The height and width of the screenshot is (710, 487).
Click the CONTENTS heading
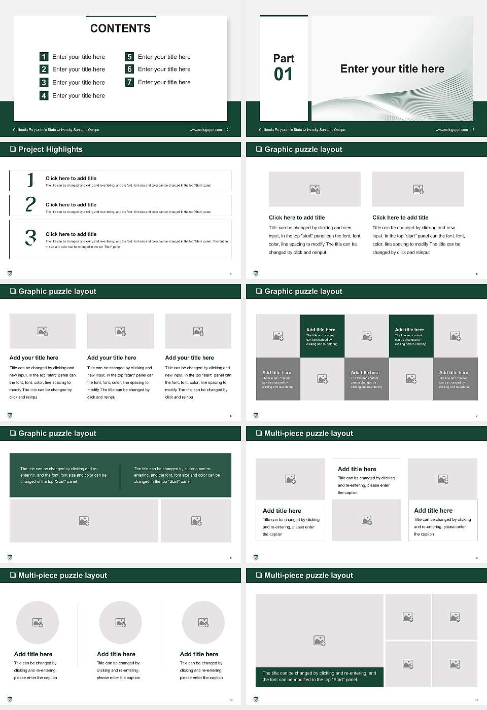click(x=120, y=28)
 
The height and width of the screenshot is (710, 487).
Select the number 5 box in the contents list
click(x=129, y=57)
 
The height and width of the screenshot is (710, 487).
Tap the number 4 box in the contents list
click(x=44, y=95)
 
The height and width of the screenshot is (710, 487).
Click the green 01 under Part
click(x=283, y=75)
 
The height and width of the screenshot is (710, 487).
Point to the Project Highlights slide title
click(x=50, y=149)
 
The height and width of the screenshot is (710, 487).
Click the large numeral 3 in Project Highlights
click(x=30, y=237)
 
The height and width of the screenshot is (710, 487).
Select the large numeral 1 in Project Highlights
click(x=30, y=180)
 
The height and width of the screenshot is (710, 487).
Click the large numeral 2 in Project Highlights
click(x=30, y=204)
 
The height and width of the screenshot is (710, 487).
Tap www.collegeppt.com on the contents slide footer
click(x=205, y=130)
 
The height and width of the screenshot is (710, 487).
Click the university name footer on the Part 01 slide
click(x=302, y=130)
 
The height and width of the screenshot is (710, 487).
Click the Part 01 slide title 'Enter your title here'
click(x=392, y=69)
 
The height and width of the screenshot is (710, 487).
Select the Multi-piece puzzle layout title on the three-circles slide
click(x=62, y=575)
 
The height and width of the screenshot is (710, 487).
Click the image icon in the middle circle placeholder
click(x=120, y=622)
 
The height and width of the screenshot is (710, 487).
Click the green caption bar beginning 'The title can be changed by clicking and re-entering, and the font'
click(x=319, y=677)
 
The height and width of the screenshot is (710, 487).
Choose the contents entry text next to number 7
click(x=164, y=82)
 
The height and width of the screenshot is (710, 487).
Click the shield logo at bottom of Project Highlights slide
click(x=10, y=273)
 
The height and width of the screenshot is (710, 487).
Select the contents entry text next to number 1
click(x=79, y=57)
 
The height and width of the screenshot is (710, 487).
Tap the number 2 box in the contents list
click(x=44, y=69)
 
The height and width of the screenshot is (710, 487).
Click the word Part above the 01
click(x=284, y=58)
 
